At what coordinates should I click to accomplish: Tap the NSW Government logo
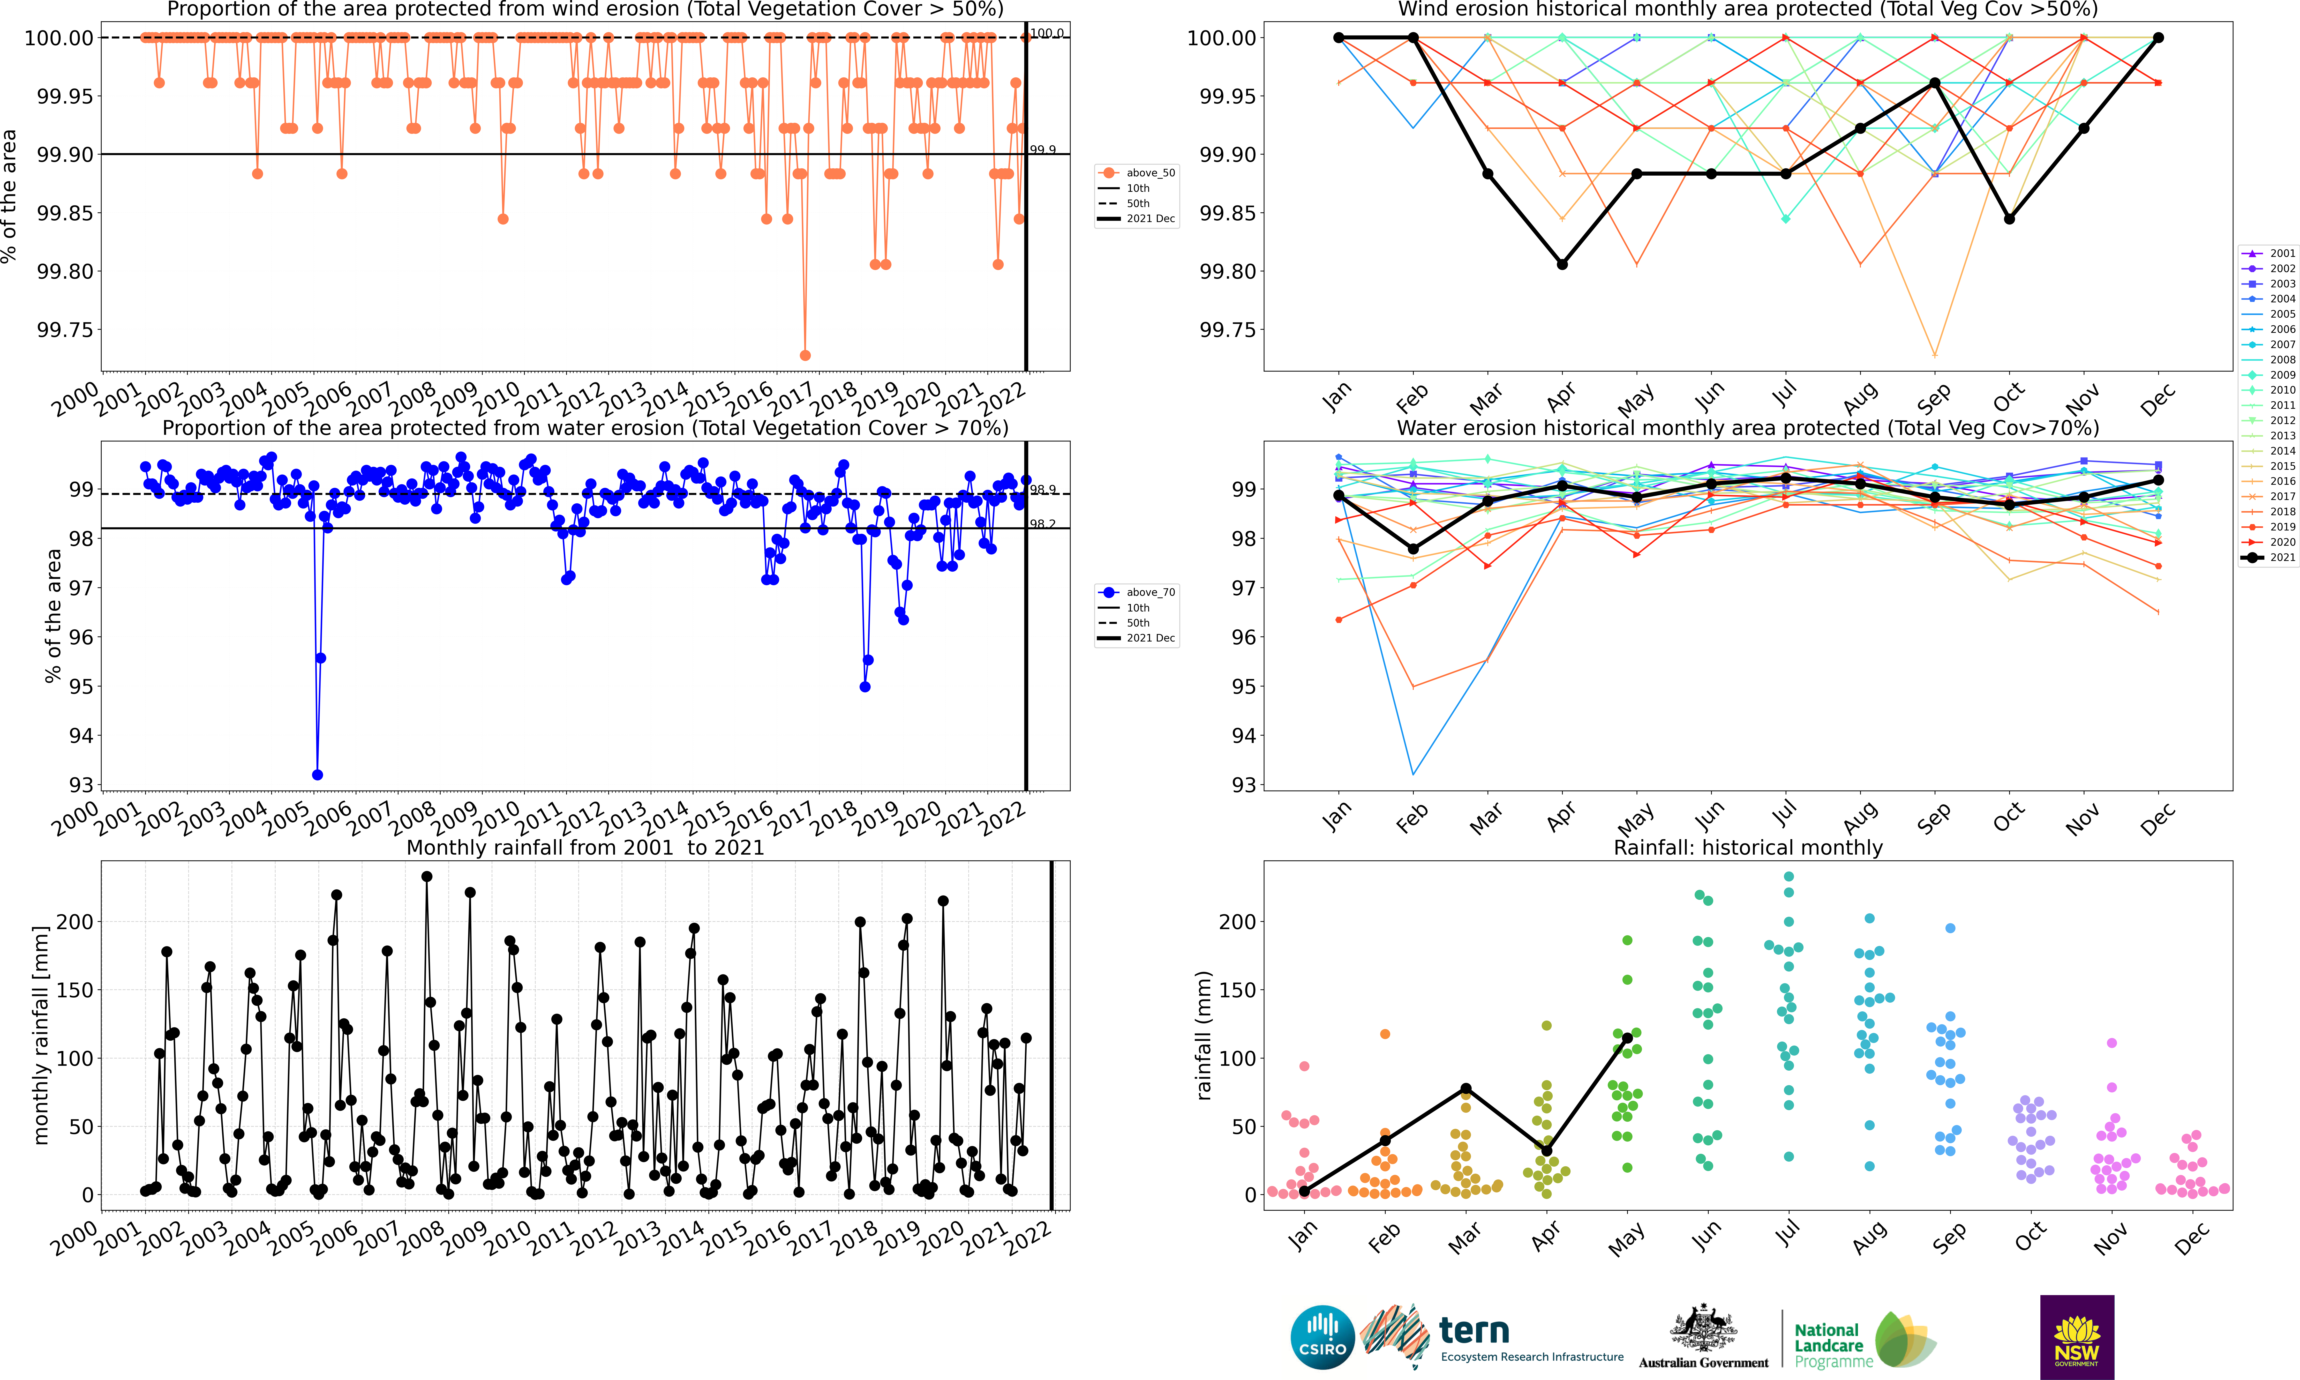coord(2077,1336)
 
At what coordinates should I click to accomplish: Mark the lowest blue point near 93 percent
coord(317,775)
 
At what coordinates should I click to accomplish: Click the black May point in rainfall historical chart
coord(1628,1039)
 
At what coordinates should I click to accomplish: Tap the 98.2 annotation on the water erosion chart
coord(1043,524)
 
